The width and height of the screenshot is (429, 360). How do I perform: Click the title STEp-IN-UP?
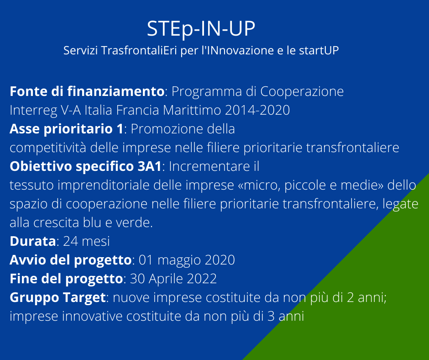tap(201, 29)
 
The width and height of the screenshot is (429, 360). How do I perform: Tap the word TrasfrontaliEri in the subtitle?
tap(139, 50)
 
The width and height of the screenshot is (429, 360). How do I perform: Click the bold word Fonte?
tap(28, 91)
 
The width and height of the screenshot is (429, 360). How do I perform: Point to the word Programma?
tap(207, 92)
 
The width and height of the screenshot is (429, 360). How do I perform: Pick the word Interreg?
tap(33, 111)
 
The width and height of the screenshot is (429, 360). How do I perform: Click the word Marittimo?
tap(192, 110)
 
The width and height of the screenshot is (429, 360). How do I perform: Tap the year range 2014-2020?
tap(257, 110)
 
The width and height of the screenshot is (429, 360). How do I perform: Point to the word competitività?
tap(48, 148)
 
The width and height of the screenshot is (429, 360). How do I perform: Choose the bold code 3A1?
tap(149, 166)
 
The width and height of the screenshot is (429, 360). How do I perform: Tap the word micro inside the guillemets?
tap(260, 185)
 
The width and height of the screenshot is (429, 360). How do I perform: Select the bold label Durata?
tap(33, 241)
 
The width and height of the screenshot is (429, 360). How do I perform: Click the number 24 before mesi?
tap(71, 241)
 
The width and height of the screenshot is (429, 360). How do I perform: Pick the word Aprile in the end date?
tap(166, 279)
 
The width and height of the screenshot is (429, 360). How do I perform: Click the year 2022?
tap(202, 279)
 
